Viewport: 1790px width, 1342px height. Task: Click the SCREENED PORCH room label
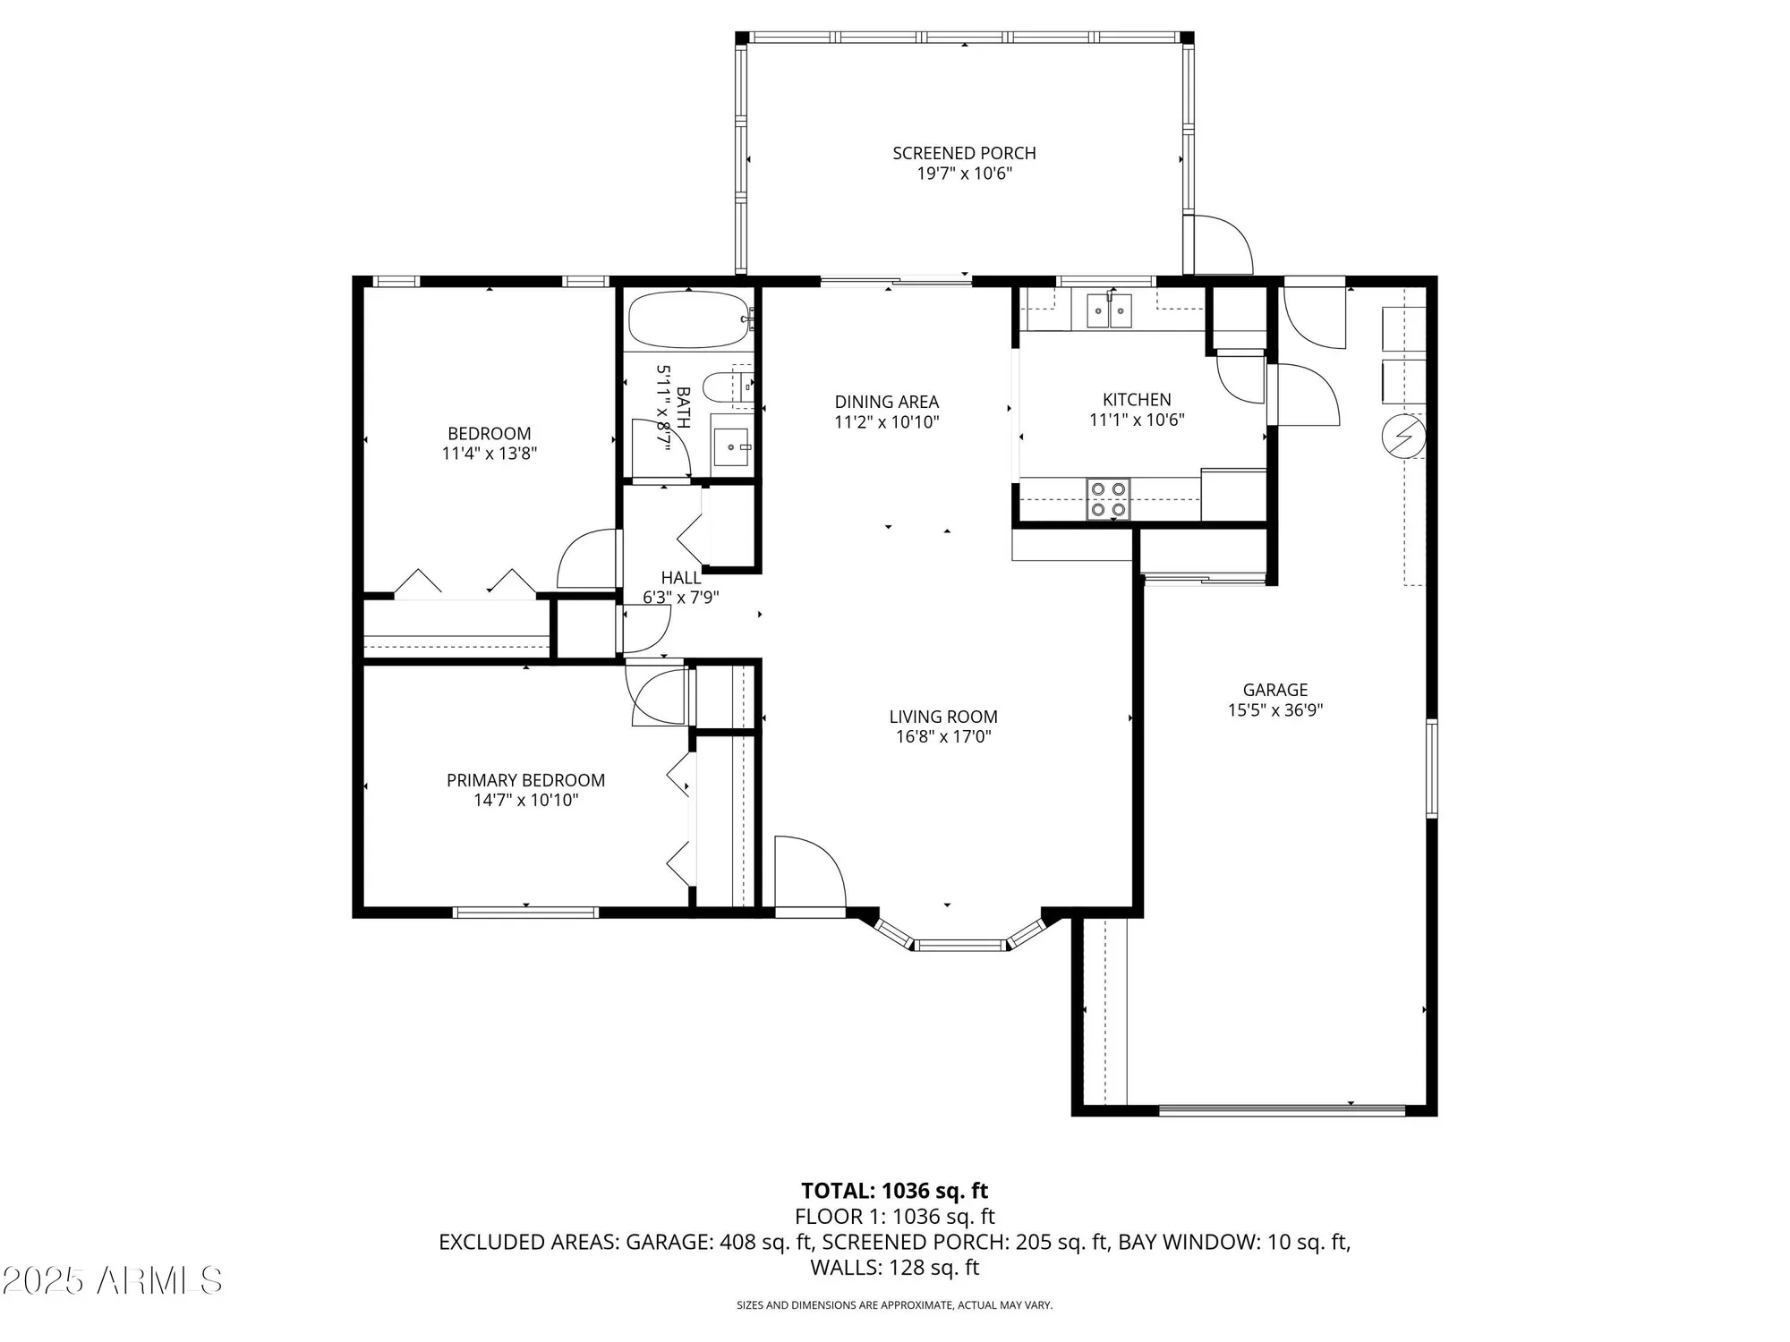coord(964,153)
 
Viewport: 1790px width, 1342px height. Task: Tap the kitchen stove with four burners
coord(1108,499)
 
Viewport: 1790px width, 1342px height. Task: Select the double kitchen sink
coord(1110,311)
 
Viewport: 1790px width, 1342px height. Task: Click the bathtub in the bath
coord(688,320)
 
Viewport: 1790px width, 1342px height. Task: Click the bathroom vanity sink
coord(731,445)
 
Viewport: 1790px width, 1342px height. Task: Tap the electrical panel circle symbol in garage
coord(1402,437)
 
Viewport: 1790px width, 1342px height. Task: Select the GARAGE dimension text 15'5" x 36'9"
coord(1274,710)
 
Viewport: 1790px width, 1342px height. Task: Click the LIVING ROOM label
coord(942,717)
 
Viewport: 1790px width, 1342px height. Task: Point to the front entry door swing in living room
coord(808,873)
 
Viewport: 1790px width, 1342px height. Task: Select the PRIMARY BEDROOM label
coord(525,780)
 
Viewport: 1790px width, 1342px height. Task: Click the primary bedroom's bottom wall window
coord(525,913)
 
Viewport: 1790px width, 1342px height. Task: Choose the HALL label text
coord(680,578)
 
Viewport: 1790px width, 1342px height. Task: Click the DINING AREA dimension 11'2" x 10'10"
coord(886,422)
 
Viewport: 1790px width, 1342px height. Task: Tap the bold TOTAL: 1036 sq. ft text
coord(894,1191)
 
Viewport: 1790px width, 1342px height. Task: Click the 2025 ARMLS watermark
coord(111,1281)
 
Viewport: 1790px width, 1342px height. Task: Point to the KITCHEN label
coord(1136,400)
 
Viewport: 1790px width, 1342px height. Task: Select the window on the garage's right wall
coord(1430,769)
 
